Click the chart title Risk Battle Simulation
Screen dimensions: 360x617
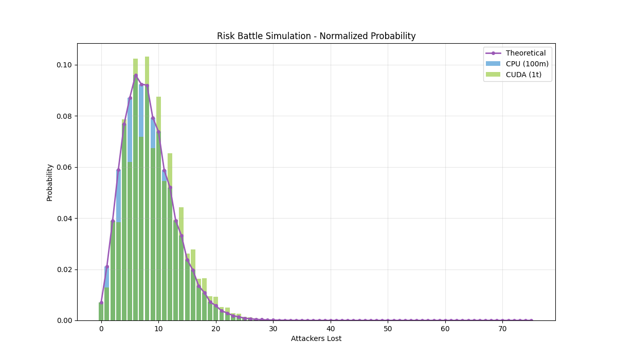click(316, 37)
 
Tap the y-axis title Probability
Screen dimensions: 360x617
click(50, 183)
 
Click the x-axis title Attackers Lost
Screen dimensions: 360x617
click(316, 338)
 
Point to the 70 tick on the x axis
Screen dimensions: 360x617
click(502, 329)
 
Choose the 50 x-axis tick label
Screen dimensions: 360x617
click(388, 329)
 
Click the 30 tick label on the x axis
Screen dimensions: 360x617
click(273, 329)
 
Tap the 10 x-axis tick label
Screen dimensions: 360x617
click(158, 329)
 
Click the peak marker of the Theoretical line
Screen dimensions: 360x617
click(136, 76)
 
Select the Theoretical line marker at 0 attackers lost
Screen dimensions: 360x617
click(101, 302)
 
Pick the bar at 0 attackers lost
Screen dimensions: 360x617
click(101, 312)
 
